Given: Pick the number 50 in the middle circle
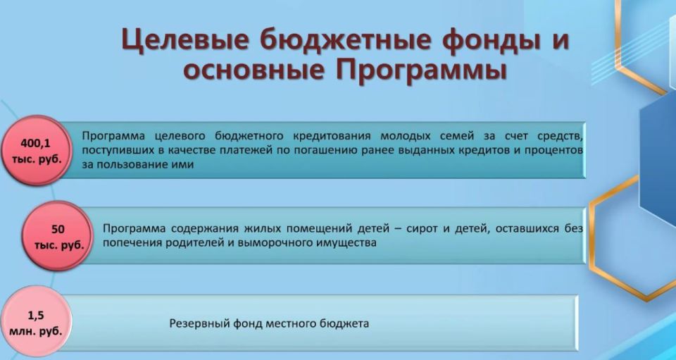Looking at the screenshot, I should pyautogui.click(x=58, y=230).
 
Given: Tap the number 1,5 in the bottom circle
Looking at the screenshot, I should pyautogui.click(x=36, y=316).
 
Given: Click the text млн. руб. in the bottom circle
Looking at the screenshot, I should pyautogui.click(x=36, y=330).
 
